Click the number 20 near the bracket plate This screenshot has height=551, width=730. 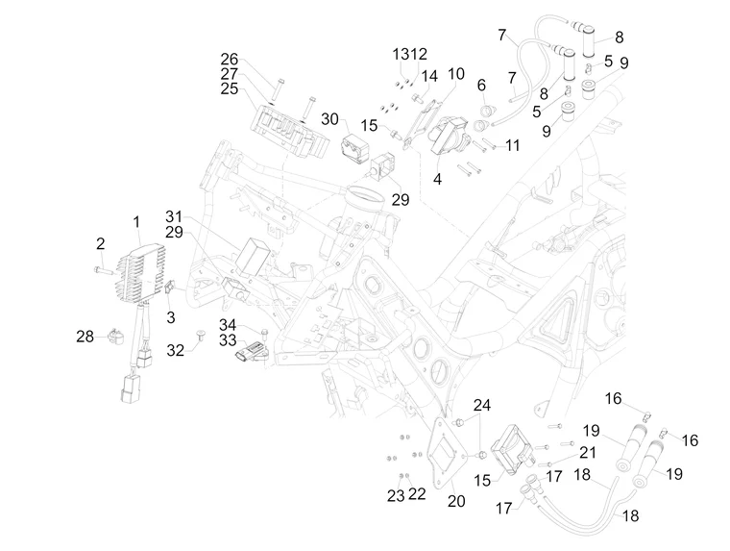tap(456, 500)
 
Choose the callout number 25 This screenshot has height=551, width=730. tap(230, 88)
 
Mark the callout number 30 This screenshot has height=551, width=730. tap(329, 118)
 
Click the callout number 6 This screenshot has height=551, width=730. tap(481, 87)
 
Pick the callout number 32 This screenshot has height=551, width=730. tap(176, 351)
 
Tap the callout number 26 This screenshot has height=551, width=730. tap(229, 58)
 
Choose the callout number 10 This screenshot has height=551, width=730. tap(454, 73)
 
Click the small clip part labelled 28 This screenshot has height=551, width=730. tap(118, 337)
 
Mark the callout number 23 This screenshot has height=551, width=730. tap(395, 494)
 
